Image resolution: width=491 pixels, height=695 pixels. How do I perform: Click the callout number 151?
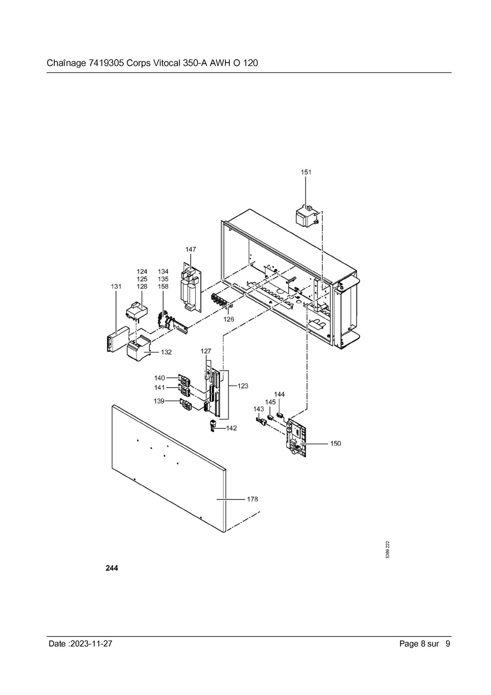[306, 172]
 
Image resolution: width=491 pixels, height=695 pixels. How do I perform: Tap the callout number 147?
[190, 249]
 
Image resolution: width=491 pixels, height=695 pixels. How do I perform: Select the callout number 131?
[116, 286]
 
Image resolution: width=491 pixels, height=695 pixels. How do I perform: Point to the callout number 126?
[229, 319]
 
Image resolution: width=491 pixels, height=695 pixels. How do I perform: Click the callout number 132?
[166, 352]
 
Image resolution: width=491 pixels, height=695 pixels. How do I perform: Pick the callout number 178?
[252, 499]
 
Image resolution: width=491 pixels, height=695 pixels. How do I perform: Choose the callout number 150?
[335, 443]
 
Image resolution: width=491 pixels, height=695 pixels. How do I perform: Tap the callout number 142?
[232, 428]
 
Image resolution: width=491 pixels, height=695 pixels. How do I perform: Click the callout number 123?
[243, 386]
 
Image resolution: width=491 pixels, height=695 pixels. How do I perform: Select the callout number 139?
[159, 401]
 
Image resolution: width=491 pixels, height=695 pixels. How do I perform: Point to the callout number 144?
[279, 394]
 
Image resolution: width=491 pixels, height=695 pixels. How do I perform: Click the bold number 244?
[112, 568]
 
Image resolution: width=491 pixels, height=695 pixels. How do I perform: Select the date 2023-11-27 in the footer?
[91, 643]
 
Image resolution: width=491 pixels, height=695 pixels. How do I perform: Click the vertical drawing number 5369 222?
[388, 549]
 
